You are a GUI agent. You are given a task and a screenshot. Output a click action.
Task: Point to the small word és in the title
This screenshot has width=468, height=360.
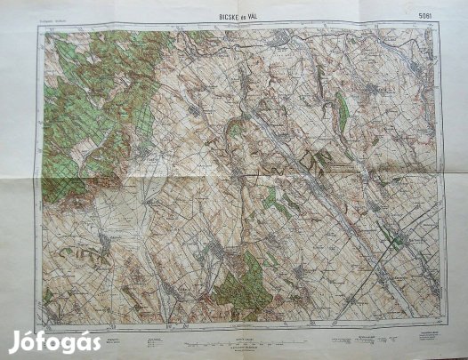[x=240, y=14]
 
